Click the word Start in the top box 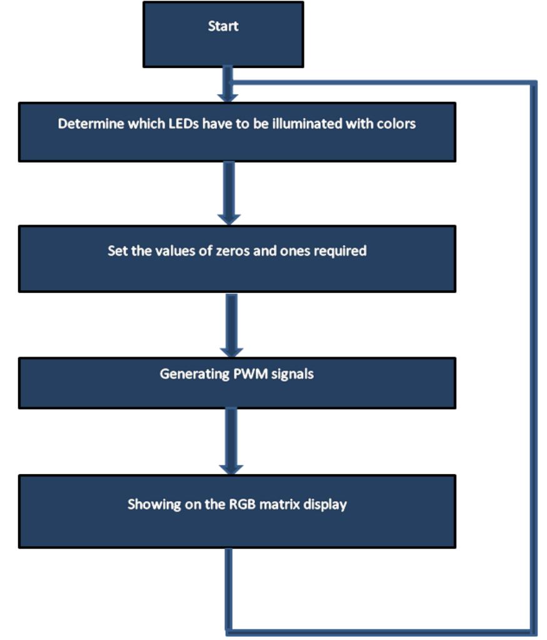tap(223, 26)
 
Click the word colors tap(396, 124)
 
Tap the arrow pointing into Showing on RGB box tap(231, 441)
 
